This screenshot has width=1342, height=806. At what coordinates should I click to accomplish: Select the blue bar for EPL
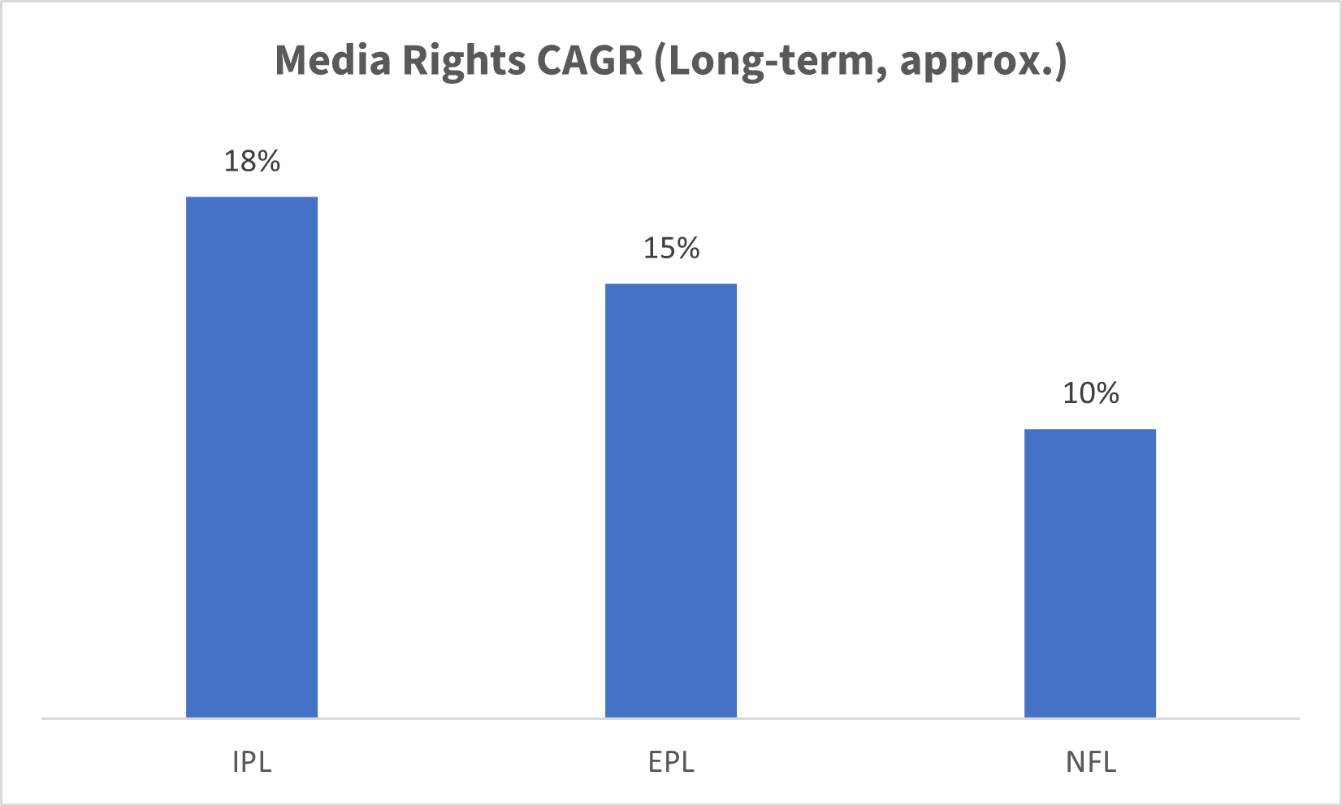(671, 500)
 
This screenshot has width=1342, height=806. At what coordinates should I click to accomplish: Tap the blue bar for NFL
(1090, 573)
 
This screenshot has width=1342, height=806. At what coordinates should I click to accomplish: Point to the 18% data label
(252, 161)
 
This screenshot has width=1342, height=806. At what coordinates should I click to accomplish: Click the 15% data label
(671, 248)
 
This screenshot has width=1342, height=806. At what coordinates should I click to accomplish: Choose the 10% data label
(1090, 393)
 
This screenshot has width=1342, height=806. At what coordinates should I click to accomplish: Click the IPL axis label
(252, 762)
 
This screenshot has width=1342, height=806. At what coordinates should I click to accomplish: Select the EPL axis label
(671, 762)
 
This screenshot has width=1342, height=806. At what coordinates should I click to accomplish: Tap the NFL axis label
(1090, 762)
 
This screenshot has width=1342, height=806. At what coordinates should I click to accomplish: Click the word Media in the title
(333, 60)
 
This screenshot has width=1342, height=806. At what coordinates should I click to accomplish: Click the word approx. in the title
(975, 62)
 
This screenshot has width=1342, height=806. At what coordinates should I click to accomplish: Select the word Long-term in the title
(775, 62)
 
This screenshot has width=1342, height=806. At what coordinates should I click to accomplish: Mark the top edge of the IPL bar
(252, 197)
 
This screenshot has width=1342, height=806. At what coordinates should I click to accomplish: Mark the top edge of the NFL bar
(1090, 430)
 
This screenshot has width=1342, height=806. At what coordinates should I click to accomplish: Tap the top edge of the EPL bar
(671, 284)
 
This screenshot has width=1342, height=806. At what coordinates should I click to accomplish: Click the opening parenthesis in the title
(660, 62)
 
